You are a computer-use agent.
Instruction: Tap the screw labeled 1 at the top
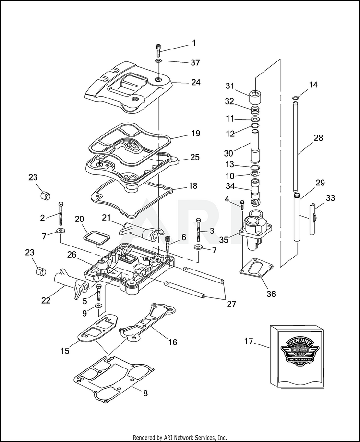click(159, 49)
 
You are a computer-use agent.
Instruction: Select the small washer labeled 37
click(159, 61)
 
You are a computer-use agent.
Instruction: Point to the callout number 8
click(145, 393)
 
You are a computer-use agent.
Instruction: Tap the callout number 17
click(248, 342)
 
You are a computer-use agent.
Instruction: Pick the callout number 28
click(318, 138)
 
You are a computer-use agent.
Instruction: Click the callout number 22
click(46, 300)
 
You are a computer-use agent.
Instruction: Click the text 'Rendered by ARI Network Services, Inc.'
click(180, 438)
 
